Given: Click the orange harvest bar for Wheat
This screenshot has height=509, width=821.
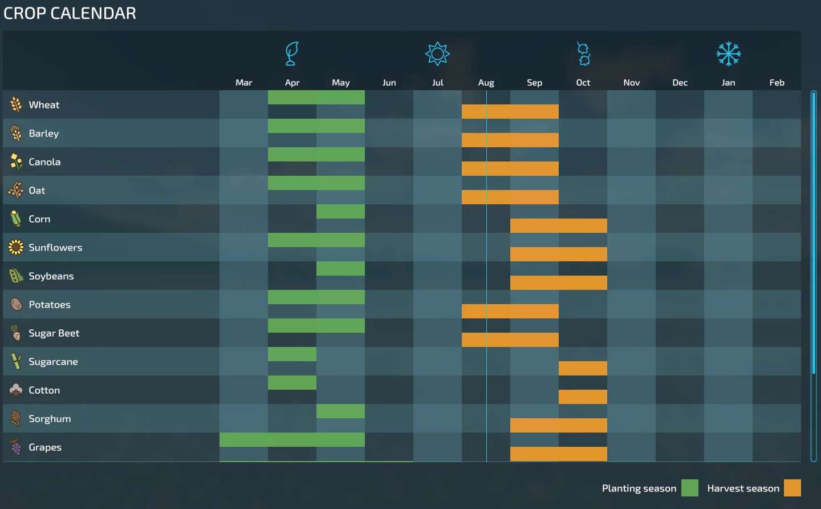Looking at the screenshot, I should click(510, 111).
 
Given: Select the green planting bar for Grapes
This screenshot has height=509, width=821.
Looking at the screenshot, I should click(292, 439).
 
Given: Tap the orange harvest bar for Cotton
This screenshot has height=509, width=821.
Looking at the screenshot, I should click(583, 397).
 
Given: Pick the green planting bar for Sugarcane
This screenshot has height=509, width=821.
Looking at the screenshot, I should click(292, 354).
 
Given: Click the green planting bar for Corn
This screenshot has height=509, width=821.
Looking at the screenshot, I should click(340, 211).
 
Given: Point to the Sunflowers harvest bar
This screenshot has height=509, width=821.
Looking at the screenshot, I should click(559, 254).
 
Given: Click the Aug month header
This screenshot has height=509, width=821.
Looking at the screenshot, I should click(486, 83).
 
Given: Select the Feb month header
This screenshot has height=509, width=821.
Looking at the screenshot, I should click(777, 83).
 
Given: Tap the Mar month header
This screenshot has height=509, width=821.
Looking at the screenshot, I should click(243, 83).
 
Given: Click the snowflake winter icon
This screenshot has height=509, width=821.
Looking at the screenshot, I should click(729, 54).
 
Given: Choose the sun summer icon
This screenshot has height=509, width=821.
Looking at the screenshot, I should click(437, 54).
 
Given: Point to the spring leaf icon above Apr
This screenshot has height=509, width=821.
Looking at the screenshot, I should click(292, 54).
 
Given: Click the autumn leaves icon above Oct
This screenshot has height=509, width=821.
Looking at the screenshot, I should click(583, 54).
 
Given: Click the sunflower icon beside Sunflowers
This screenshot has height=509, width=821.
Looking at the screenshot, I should click(15, 247).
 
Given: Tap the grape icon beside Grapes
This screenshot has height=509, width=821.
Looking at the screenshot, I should click(15, 447).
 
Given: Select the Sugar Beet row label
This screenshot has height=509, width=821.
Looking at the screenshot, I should click(54, 333).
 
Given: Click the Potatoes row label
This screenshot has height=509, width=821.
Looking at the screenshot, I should click(50, 305).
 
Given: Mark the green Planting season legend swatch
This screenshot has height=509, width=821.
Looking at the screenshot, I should click(690, 488).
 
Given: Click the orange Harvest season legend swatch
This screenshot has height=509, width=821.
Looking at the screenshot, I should click(792, 488).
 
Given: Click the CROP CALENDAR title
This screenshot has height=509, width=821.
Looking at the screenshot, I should click(70, 13).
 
